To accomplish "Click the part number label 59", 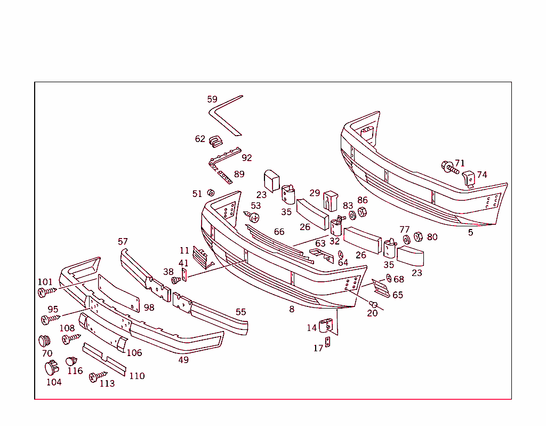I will pyautogui.click(x=212, y=99).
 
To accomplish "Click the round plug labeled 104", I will pyautogui.click(x=52, y=368).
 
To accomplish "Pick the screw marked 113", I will pyautogui.click(x=98, y=377).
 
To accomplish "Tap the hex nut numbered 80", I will pyautogui.click(x=418, y=236).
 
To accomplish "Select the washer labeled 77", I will pyautogui.click(x=406, y=238).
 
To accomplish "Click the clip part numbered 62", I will pyautogui.click(x=215, y=140).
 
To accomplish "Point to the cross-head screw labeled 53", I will pyautogui.click(x=253, y=217).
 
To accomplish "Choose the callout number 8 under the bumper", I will pyautogui.click(x=292, y=309).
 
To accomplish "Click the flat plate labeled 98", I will pyautogui.click(x=118, y=293).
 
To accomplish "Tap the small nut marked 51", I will pyautogui.click(x=211, y=193).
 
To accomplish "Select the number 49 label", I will pyautogui.click(x=183, y=359).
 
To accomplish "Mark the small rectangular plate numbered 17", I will pyautogui.click(x=328, y=342).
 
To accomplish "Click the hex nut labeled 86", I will pyautogui.click(x=362, y=212).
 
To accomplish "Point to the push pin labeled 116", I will pyautogui.click(x=71, y=361).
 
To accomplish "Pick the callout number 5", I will pyautogui.click(x=470, y=232).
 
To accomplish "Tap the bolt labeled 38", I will pyautogui.click(x=174, y=281).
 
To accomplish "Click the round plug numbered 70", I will pyautogui.click(x=44, y=341).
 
